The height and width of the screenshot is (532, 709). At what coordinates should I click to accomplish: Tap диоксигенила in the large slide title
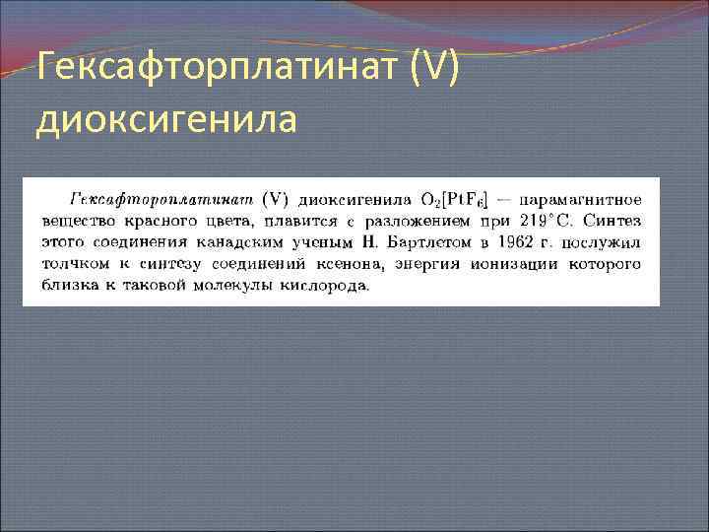[x=164, y=121]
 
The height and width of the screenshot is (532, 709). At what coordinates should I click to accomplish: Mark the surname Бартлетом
[x=425, y=241]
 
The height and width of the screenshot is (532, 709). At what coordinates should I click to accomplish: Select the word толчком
[x=75, y=264]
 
